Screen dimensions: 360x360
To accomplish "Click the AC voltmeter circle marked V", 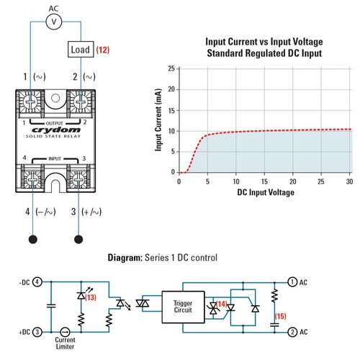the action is tap(54, 22).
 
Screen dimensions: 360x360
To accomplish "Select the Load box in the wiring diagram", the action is tap(81, 50).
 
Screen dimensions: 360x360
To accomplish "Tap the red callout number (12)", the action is tap(103, 50).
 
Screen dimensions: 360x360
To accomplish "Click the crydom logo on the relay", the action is tap(56, 130).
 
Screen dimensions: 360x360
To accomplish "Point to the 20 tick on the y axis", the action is tap(172, 89).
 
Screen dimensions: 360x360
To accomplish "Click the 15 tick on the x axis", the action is tap(264, 181).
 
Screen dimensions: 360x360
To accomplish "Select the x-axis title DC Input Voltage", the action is tap(266, 192).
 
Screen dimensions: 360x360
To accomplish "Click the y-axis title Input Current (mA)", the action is tap(158, 120).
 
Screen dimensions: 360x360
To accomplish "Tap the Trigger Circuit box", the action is tap(183, 307).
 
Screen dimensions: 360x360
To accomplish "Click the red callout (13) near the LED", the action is tap(91, 297).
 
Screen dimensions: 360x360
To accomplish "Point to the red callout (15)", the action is tap(281, 316).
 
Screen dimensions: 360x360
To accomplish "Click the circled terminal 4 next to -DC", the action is tap(37, 282).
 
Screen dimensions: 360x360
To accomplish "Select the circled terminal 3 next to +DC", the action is tap(37, 332).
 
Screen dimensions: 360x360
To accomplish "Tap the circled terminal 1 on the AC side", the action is tap(292, 282).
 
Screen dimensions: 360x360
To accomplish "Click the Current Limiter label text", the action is tap(65, 343).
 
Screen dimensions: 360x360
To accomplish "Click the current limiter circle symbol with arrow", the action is tap(65, 332).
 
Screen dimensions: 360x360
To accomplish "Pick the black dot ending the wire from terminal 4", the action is tap(33, 239).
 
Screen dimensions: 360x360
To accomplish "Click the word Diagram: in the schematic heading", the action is tap(125, 258).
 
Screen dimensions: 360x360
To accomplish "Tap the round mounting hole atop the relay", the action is tap(55, 98).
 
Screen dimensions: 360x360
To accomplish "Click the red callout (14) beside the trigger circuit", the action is tap(222, 304).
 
